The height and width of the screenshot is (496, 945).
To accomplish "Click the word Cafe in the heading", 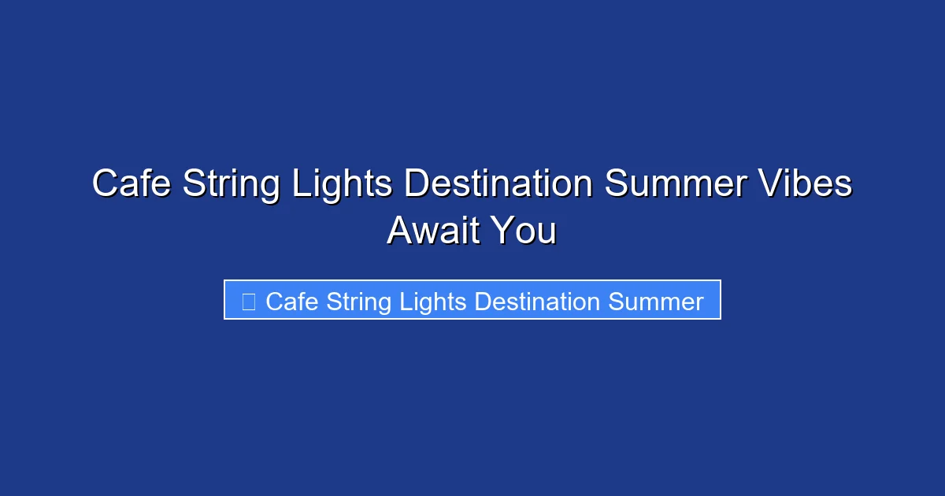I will [132, 185].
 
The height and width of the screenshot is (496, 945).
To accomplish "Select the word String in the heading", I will [232, 185].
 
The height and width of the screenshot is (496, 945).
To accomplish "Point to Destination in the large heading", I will [498, 185].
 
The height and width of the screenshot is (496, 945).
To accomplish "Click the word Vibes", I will [806, 185].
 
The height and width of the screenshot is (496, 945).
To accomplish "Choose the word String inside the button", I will [358, 302].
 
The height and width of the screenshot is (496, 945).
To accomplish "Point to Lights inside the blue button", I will [434, 302].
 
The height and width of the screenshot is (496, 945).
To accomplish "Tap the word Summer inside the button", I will [656, 302].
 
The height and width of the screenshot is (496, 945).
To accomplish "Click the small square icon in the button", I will [249, 302].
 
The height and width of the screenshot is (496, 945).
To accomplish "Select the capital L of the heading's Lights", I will [300, 185].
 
